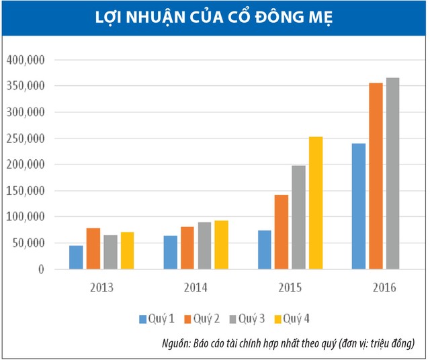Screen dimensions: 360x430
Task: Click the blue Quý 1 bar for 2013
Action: (76, 257)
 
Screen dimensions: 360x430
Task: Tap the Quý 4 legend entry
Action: (296, 318)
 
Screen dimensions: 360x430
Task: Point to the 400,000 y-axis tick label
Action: (25, 60)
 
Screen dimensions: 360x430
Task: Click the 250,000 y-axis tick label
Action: (25, 139)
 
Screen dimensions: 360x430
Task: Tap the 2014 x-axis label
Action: (196, 288)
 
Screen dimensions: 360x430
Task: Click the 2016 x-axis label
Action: (384, 288)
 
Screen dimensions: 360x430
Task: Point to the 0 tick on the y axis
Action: (41, 269)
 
